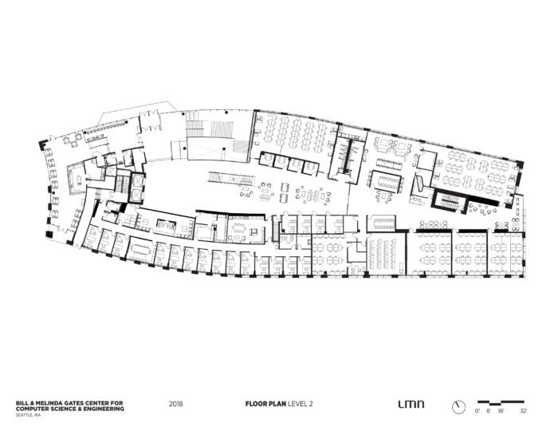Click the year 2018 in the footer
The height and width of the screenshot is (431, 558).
coord(177,405)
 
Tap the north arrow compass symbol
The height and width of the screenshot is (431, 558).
coord(457,406)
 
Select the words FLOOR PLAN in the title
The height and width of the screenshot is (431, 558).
coord(261,405)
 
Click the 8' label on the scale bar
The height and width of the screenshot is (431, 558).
coord(488,410)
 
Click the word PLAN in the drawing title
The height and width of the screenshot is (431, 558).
coord(272,405)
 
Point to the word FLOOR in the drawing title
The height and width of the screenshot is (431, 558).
coord(253,405)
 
